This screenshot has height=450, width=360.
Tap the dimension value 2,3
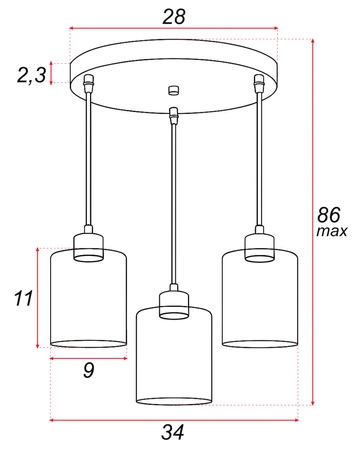click(33, 73)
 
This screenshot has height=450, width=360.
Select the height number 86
click(331, 214)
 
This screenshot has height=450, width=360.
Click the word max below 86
click(331, 232)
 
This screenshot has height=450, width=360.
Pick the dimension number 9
click(88, 371)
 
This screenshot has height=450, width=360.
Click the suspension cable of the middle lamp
click(174, 200)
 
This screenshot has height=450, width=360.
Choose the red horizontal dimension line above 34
click(175, 418)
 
